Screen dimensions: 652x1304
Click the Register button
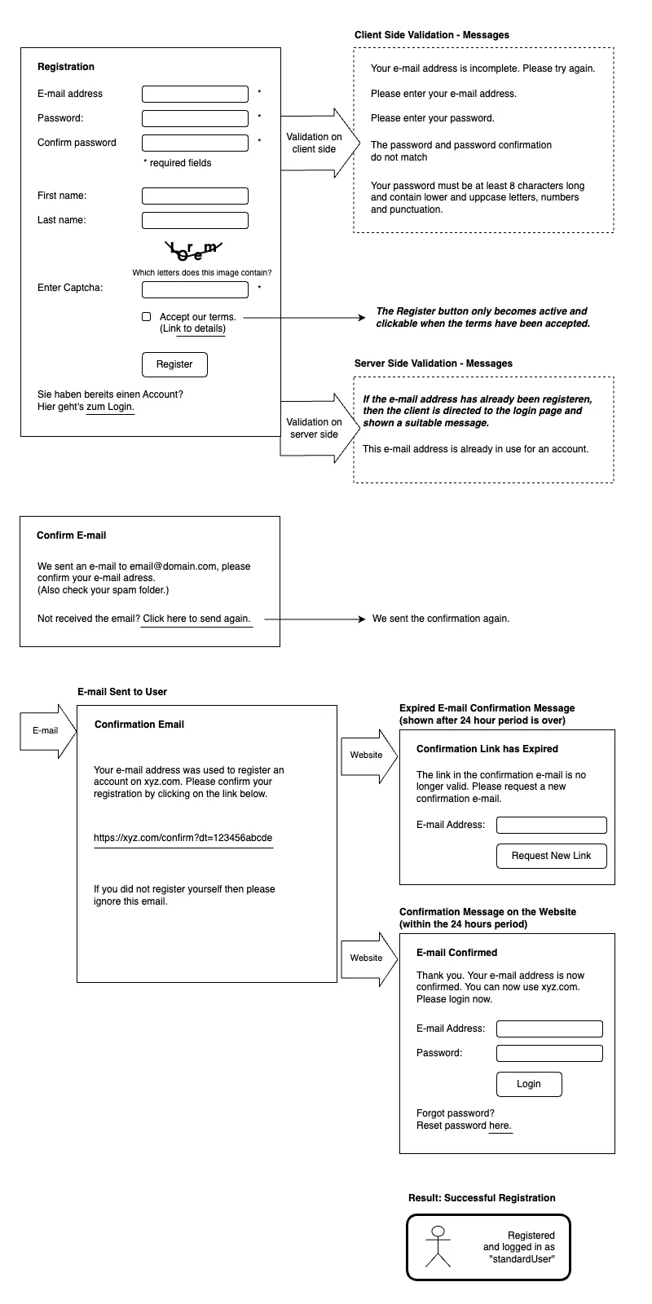(174, 364)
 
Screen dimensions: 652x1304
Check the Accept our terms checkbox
(147, 317)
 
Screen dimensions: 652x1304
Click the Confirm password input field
(195, 143)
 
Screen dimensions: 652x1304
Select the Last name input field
(195, 220)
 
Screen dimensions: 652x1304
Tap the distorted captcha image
(193, 250)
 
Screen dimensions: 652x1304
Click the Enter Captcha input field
(195, 289)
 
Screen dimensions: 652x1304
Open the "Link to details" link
(192, 329)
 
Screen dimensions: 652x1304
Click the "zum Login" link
(110, 407)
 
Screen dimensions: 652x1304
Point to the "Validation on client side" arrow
(319, 143)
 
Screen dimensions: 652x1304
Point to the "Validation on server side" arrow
(319, 429)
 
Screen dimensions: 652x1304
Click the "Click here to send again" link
(196, 619)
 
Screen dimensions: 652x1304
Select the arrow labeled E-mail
(48, 731)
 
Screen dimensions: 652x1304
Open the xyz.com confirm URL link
(183, 839)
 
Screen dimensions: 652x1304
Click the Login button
(529, 1084)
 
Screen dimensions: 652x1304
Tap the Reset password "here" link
(500, 1126)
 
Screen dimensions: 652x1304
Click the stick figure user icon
(438, 1246)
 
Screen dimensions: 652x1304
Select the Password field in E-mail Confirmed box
(549, 1053)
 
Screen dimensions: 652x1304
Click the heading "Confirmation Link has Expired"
(487, 749)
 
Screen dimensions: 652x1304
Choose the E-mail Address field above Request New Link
(551, 825)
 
